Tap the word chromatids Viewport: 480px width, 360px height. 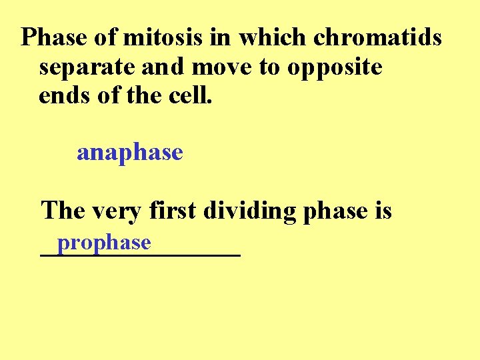[x=377, y=38]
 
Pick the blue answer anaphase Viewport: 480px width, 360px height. [x=130, y=153]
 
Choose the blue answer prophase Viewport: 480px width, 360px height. [x=104, y=242]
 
